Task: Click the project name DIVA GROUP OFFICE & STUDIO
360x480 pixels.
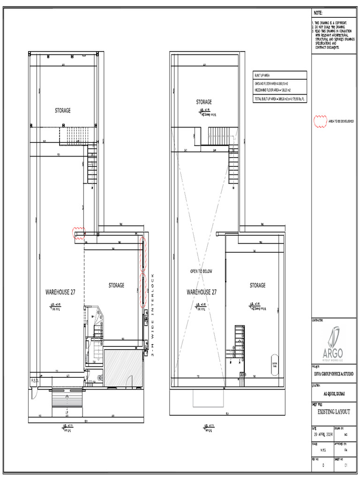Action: (334, 374)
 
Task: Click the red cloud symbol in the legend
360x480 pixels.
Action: (320, 121)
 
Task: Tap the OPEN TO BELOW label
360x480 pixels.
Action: (201, 271)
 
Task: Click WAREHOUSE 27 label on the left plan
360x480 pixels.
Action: (60, 292)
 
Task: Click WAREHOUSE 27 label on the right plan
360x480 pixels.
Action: (202, 292)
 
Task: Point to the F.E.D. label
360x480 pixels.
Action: (35, 380)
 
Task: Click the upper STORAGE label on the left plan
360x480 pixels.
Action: (63, 111)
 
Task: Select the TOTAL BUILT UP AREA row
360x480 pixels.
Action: (279, 99)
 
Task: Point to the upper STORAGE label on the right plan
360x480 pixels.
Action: (203, 102)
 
